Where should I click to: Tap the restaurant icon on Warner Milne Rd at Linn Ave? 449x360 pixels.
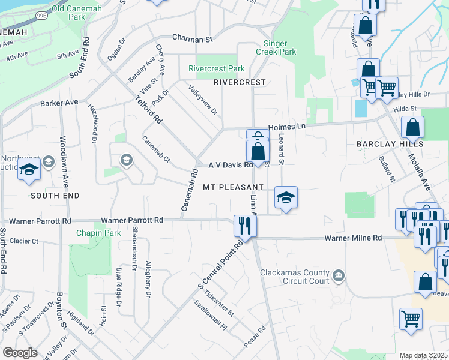click(x=244, y=226)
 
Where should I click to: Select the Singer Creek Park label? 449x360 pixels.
click(x=280, y=47)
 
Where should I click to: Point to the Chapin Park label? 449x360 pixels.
click(x=98, y=233)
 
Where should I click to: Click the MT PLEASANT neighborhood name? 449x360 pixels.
click(x=234, y=187)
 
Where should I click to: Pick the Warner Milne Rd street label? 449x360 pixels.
click(x=353, y=238)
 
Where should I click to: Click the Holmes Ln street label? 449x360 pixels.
click(x=287, y=127)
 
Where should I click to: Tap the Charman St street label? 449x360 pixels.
click(x=193, y=39)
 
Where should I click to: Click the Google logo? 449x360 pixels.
click(x=20, y=353)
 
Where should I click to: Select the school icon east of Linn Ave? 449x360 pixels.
click(x=286, y=197)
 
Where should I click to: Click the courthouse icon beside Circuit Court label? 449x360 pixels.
click(x=339, y=275)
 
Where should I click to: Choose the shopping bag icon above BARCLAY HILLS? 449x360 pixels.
click(x=413, y=127)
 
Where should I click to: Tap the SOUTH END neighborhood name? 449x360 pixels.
click(x=55, y=196)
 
